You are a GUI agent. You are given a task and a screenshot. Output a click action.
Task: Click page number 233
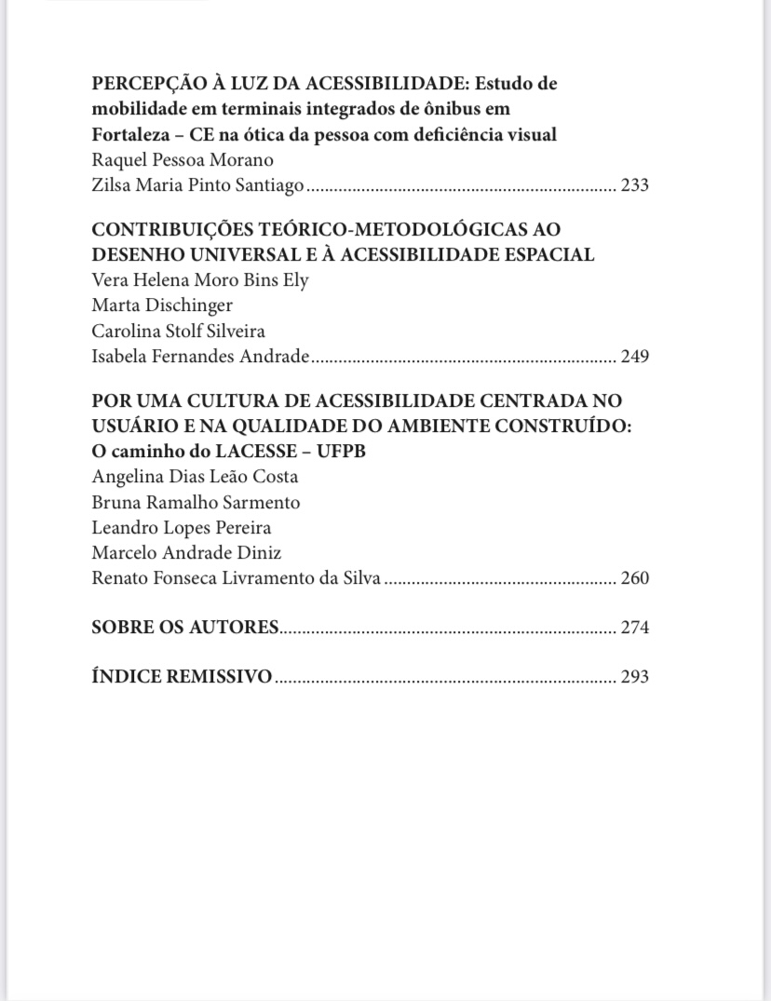(634, 185)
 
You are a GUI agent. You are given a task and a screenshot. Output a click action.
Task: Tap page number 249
(634, 356)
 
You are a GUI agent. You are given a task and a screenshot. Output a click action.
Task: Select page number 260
(634, 578)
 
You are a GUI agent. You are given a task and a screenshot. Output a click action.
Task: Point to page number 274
(634, 628)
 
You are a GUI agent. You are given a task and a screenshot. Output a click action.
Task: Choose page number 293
(634, 677)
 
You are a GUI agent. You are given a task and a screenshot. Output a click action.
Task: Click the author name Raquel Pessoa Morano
(183, 159)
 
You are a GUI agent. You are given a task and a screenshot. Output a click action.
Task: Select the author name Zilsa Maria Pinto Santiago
(197, 185)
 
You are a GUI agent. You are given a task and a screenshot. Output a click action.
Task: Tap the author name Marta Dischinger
(162, 305)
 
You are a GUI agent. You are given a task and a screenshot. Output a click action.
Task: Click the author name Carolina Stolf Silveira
(179, 331)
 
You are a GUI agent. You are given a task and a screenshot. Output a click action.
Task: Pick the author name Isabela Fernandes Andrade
(199, 356)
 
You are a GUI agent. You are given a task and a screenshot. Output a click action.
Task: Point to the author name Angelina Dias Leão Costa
(195, 477)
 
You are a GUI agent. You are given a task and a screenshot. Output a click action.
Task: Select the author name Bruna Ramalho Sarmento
(196, 503)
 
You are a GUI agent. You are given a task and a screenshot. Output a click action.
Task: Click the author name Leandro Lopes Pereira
(182, 528)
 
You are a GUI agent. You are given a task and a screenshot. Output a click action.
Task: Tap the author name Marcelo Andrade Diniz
(186, 553)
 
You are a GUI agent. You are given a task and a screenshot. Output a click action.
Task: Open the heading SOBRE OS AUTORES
(185, 628)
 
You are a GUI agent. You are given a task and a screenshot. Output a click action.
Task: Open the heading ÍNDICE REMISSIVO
(182, 677)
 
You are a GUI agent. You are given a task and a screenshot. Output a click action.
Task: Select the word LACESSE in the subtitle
(240, 452)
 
